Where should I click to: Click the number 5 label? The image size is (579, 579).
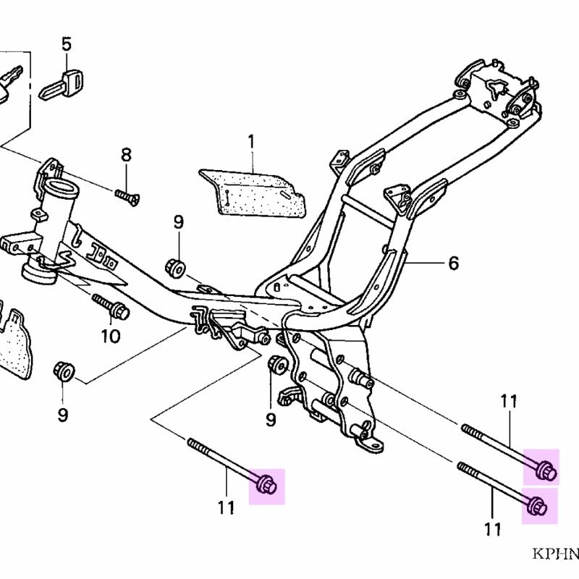click(66, 44)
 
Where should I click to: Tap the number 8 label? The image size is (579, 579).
click(126, 154)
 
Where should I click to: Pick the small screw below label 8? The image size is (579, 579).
click(127, 195)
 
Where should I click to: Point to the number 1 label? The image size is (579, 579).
click(252, 140)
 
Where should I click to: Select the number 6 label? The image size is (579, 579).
click(453, 263)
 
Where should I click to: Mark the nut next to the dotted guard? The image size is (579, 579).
click(64, 371)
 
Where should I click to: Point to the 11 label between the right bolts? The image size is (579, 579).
click(510, 400)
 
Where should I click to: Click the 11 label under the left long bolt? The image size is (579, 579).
click(226, 508)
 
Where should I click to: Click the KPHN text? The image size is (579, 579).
click(556, 554)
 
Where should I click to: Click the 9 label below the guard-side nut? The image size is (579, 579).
click(62, 415)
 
